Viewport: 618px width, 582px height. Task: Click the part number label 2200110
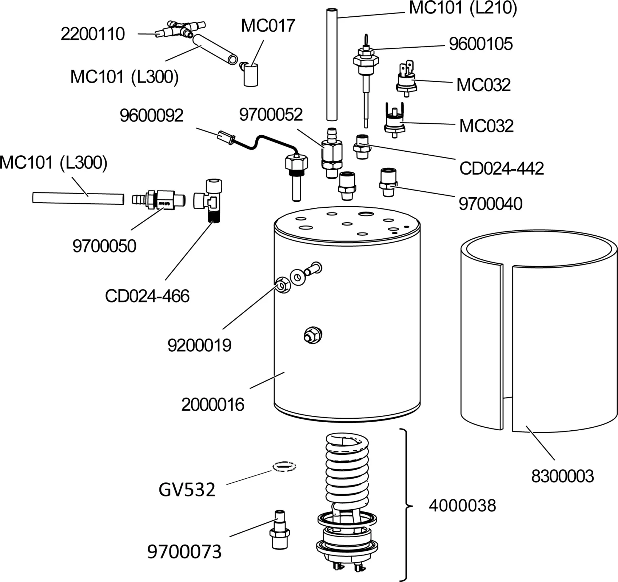(92, 34)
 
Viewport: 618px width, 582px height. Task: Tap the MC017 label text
(268, 25)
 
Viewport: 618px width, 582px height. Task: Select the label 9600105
(481, 44)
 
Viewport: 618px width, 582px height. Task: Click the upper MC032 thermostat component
(406, 79)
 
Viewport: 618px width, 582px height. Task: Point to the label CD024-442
(501, 168)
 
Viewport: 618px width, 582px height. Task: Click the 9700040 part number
(490, 204)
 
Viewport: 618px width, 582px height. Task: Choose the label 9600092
(151, 116)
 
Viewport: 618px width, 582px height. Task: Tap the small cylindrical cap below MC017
(251, 75)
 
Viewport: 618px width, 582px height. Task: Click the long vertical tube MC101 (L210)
(332, 65)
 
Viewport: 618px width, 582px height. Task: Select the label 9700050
(104, 246)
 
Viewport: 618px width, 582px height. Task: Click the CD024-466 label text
(147, 296)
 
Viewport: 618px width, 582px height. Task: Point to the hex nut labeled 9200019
(283, 286)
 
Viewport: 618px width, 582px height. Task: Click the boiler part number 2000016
(212, 404)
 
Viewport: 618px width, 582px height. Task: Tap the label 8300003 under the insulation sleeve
(562, 476)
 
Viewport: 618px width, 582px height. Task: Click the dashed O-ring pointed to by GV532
(284, 466)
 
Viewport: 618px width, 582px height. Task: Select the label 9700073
(184, 551)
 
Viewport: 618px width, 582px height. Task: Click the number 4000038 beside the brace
(462, 506)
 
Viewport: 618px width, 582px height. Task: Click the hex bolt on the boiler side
(313, 335)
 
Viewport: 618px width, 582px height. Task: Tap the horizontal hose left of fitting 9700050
(78, 198)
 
